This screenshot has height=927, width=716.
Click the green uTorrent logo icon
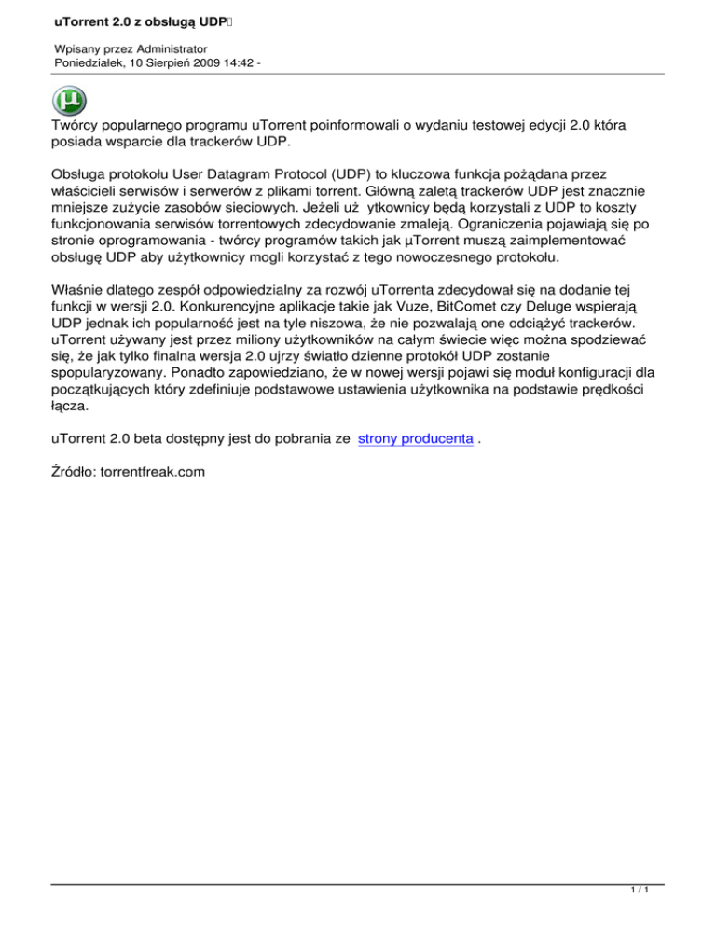71,100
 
